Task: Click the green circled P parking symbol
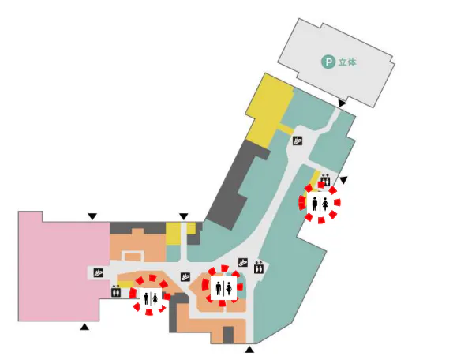click(x=328, y=62)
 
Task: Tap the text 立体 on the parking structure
click(x=347, y=62)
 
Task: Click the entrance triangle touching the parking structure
click(x=342, y=103)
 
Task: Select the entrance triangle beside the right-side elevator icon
click(x=343, y=180)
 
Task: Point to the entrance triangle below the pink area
click(x=84, y=327)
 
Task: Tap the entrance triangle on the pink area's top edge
click(x=92, y=216)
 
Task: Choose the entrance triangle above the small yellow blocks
click(x=184, y=216)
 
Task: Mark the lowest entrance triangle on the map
click(x=249, y=350)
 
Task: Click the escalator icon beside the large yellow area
click(x=298, y=141)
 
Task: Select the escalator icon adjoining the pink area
click(x=99, y=273)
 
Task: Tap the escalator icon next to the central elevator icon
click(x=243, y=263)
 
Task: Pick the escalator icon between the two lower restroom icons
click(x=185, y=277)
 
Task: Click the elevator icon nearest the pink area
click(x=116, y=291)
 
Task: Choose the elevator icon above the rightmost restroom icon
click(x=325, y=180)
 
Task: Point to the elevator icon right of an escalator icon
click(x=259, y=267)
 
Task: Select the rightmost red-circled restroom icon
click(x=320, y=203)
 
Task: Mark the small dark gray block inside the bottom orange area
click(x=228, y=335)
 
